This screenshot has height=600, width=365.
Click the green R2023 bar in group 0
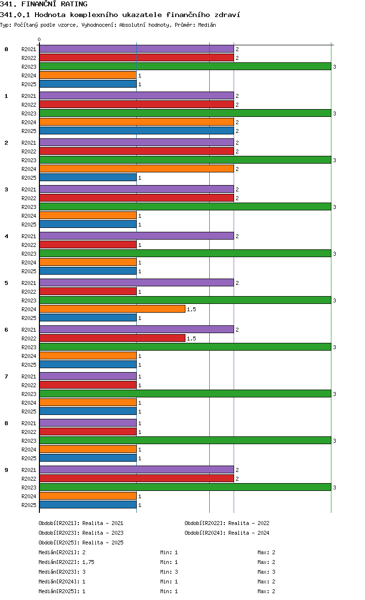(185, 66)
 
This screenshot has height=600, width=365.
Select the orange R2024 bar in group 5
(112, 309)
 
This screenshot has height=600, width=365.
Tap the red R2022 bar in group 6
(112, 338)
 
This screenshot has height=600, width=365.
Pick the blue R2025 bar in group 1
(137, 131)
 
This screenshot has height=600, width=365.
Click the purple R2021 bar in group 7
(88, 376)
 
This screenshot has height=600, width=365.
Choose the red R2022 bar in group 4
(88, 244)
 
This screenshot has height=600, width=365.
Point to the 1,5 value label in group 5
(191, 309)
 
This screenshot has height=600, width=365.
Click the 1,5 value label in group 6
(191, 338)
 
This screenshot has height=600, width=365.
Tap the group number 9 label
(6, 470)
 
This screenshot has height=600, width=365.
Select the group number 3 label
(6, 189)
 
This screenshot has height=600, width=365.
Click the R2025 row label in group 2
(29, 178)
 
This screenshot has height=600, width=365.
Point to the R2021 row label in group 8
(29, 423)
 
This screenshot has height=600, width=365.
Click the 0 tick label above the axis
(39, 39)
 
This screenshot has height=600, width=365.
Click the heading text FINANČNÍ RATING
(55, 4)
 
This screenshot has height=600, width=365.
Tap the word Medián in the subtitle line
(207, 25)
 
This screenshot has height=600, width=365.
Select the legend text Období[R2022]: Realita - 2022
(227, 523)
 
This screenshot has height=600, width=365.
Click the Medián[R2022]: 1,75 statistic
(66, 562)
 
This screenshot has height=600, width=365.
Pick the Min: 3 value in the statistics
(169, 572)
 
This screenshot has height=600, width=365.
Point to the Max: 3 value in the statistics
(266, 572)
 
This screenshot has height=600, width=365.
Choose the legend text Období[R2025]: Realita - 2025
(81, 543)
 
